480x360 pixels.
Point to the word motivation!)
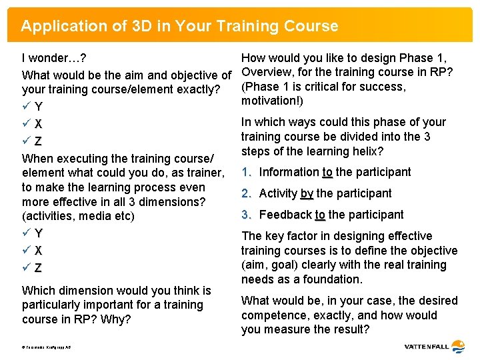point(272,101)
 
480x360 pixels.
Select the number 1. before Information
point(246,172)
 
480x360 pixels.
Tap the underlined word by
point(307,193)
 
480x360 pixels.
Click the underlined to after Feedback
point(320,215)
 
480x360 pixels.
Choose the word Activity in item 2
point(278,193)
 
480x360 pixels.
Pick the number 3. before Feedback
point(246,215)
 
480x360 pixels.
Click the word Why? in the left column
point(116,319)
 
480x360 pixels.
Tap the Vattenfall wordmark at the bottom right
point(426,347)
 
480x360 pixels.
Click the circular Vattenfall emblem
point(458,347)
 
